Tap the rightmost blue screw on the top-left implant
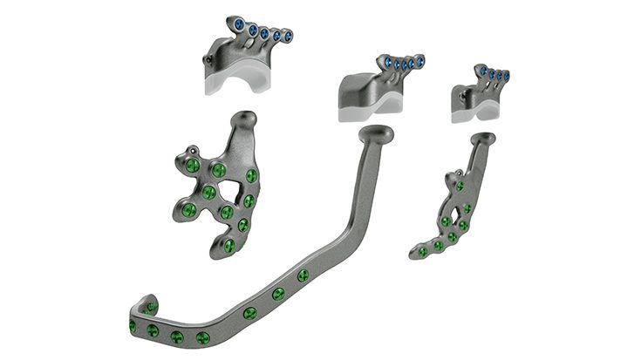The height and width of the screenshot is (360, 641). click(288, 37)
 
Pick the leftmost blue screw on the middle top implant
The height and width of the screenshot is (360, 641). click(385, 61)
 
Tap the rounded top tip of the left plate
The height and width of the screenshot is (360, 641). click(249, 118)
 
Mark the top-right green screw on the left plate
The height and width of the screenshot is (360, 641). click(251, 176)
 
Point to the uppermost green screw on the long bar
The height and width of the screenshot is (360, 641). click(303, 275)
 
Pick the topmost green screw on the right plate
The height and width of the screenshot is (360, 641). click(460, 186)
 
